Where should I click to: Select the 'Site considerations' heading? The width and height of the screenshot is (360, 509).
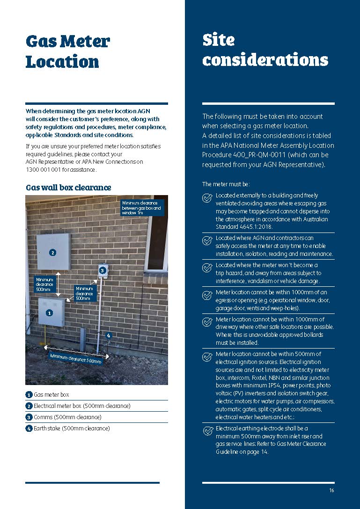pyautogui.click(x=265, y=50)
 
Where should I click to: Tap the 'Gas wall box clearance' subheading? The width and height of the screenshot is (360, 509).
pyautogui.click(x=68, y=188)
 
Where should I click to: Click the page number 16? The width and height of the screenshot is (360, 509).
pyautogui.click(x=331, y=490)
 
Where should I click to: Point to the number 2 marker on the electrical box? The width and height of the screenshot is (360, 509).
pyautogui.click(x=52, y=253)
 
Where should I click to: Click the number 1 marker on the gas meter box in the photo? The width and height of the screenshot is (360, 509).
pyautogui.click(x=49, y=312)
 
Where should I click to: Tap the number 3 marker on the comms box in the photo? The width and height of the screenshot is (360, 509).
pyautogui.click(x=103, y=270)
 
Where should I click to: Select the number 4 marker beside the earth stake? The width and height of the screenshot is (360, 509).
pyautogui.click(x=109, y=335)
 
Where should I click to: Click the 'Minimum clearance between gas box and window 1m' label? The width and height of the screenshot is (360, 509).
pyautogui.click(x=142, y=208)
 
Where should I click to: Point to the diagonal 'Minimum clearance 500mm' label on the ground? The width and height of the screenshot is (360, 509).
pyautogui.click(x=75, y=358)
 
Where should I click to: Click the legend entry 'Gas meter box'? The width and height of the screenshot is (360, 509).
pyautogui.click(x=51, y=395)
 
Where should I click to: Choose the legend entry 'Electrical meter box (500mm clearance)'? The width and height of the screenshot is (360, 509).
pyautogui.click(x=81, y=406)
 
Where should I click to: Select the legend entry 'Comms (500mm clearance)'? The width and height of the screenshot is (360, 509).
pyautogui.click(x=67, y=417)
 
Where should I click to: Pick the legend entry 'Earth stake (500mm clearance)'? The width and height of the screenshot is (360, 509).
pyautogui.click(x=71, y=429)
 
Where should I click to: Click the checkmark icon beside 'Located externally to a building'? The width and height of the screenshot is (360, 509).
pyautogui.click(x=207, y=198)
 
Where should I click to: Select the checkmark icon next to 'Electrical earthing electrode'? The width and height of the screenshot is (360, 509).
pyautogui.click(x=207, y=431)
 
